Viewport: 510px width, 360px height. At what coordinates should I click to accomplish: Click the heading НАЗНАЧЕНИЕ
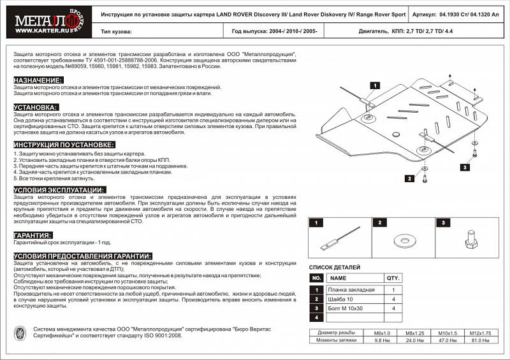(38, 80)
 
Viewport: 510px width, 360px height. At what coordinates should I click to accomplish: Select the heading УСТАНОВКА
(36, 107)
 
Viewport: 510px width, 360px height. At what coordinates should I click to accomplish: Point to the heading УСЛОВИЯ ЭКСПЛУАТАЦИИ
(58, 190)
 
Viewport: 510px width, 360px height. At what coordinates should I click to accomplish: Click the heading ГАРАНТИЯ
(33, 235)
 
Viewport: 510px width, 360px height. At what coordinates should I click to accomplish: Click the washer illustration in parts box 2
(402, 241)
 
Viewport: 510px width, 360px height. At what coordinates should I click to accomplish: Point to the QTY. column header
(393, 278)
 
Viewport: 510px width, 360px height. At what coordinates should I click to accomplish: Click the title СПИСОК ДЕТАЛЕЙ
(334, 267)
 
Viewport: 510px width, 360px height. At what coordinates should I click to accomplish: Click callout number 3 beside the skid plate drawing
(465, 167)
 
